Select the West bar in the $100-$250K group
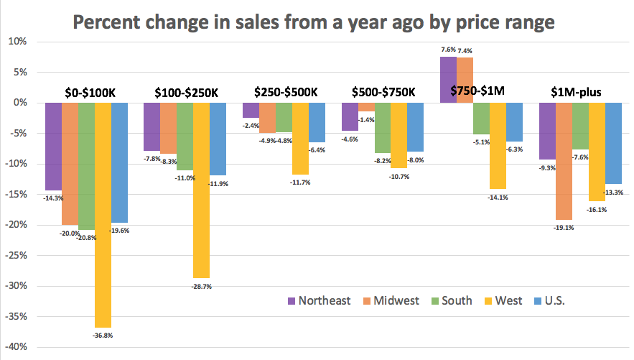(x=202, y=190)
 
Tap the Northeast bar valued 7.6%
(x=448, y=80)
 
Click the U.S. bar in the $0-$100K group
(x=120, y=162)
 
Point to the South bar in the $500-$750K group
(x=383, y=128)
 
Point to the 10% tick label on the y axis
(x=17, y=42)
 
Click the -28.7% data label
(x=202, y=286)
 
